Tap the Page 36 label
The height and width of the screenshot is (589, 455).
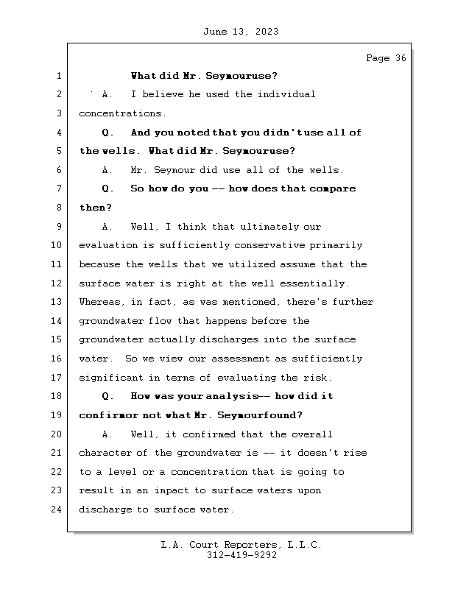tap(386, 58)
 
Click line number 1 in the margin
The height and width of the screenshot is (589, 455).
tap(57, 76)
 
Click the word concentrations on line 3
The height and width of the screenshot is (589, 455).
tap(121, 113)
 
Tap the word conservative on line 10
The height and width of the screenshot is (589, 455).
tap(266, 245)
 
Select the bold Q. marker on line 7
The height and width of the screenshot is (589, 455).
tap(107, 188)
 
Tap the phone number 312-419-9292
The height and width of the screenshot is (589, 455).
tap(241, 557)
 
